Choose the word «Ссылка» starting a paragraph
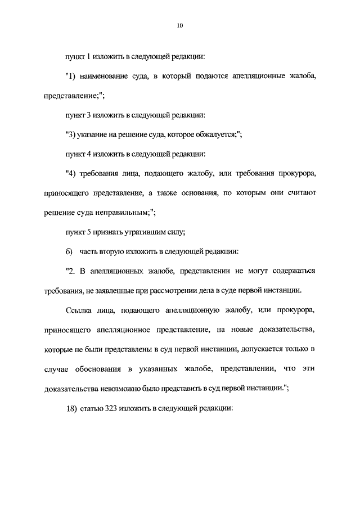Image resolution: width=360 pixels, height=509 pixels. point(79,310)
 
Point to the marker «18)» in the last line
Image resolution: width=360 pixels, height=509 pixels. point(71,409)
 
